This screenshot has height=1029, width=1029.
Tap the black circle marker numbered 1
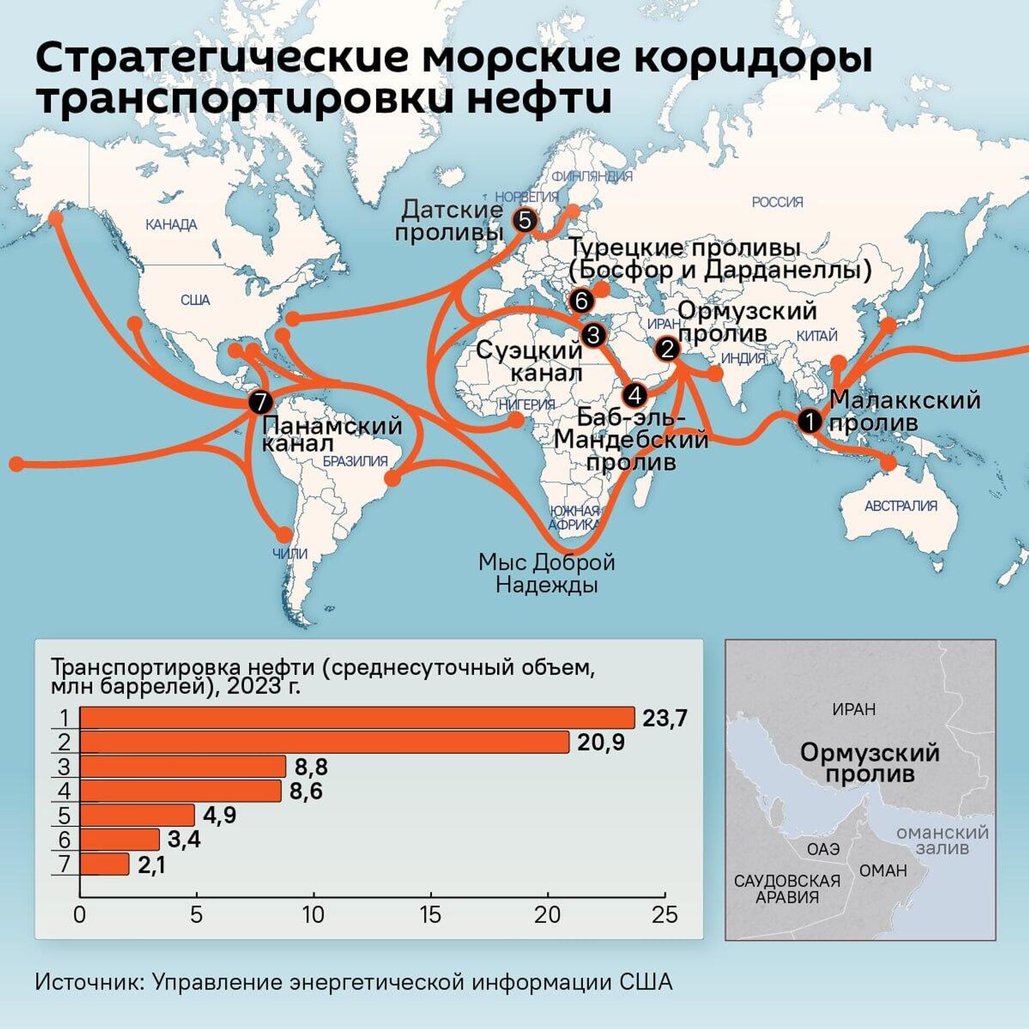point(809,421)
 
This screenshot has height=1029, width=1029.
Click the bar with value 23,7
point(357,718)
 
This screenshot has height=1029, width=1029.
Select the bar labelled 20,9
point(324,742)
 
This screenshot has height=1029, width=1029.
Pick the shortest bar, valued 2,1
point(105,864)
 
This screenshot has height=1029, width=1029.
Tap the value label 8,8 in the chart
point(311,767)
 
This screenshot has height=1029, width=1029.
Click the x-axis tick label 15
point(430,915)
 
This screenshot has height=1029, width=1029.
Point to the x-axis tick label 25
point(665,915)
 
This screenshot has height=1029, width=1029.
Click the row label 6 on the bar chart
point(64,840)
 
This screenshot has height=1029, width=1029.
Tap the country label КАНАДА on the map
point(171,225)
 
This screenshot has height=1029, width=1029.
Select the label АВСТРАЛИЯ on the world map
point(901,505)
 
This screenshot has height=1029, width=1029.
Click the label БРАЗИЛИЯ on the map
point(355,461)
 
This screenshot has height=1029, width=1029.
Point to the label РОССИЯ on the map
point(777,202)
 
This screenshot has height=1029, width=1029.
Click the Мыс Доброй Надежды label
point(547,573)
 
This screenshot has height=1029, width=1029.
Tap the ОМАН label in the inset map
point(883,871)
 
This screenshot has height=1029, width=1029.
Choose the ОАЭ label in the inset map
point(823,849)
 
